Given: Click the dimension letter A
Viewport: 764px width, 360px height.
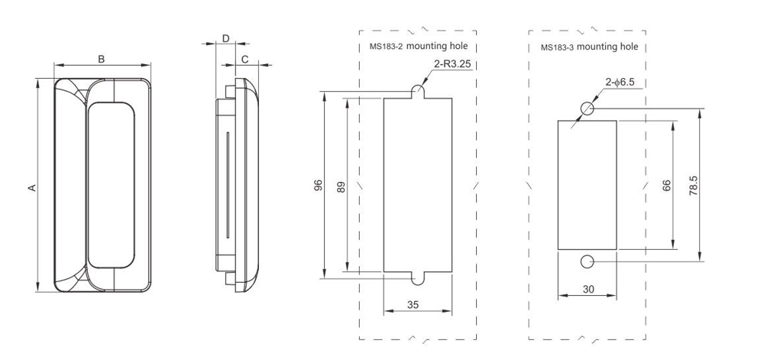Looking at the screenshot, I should [31, 186].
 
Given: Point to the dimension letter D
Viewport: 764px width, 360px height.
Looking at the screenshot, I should [225, 37].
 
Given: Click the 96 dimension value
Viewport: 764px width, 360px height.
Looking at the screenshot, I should [319, 185].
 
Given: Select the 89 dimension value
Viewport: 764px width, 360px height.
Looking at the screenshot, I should [341, 185].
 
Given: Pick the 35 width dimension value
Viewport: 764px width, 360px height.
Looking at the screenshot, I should [413, 304].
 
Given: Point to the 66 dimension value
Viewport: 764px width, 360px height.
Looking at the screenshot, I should [666, 186].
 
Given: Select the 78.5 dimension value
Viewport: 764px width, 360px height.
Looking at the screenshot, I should [693, 186].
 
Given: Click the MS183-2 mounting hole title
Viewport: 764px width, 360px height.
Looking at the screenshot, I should [418, 47].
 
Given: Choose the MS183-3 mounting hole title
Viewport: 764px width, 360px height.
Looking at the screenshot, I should [589, 47].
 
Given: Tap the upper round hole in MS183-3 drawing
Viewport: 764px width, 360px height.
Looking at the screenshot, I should [586, 108].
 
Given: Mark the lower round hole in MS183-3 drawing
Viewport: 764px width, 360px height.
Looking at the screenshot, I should [586, 262].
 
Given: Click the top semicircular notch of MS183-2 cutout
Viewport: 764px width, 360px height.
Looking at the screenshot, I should [419, 92].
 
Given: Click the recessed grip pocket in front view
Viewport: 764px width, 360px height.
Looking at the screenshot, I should [112, 186].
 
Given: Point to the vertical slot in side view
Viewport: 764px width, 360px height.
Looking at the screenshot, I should [226, 185].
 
